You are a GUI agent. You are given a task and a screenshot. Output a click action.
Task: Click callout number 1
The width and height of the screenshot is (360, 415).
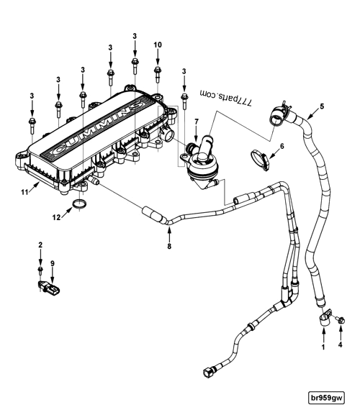[323, 347]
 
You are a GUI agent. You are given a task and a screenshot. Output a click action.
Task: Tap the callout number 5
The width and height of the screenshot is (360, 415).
[322, 106]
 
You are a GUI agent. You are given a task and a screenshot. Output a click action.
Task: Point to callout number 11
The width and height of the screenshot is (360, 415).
[24, 192]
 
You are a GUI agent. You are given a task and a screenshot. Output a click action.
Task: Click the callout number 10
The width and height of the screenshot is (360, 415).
[158, 45]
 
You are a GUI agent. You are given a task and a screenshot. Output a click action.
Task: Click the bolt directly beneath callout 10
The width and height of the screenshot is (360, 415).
[158, 72]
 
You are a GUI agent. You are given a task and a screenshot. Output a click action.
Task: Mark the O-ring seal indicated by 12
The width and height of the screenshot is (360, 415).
[81, 209]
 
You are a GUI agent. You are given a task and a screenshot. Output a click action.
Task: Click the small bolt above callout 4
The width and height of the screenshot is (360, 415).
[340, 319]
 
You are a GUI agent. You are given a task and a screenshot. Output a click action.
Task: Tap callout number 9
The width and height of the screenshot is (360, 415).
[53, 264]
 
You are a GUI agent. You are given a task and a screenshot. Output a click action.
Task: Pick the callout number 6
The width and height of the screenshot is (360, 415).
[282, 146]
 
